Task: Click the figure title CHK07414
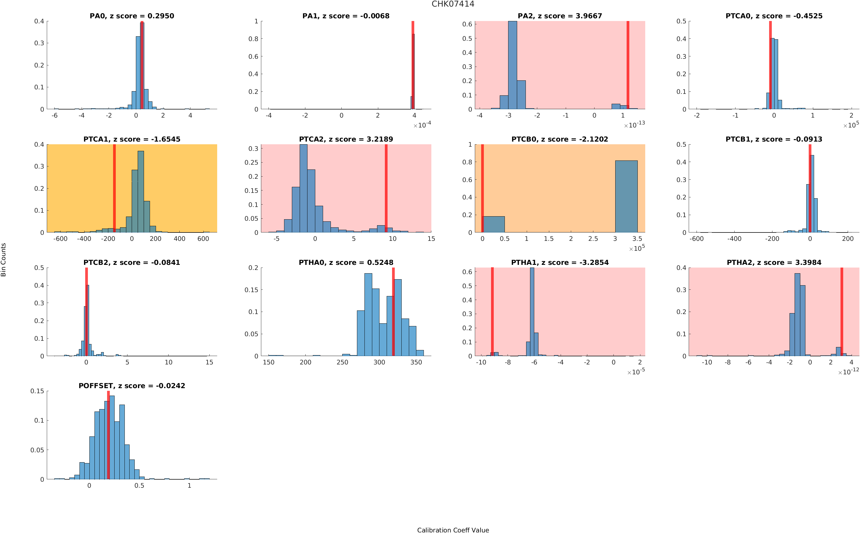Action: (453, 4)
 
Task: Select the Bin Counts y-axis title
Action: (4, 259)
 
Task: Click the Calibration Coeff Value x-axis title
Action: (453, 530)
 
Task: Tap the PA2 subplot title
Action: (559, 16)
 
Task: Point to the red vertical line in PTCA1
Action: (114, 188)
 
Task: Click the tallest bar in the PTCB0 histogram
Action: (626, 196)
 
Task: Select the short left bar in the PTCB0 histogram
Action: (493, 224)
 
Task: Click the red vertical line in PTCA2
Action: (386, 188)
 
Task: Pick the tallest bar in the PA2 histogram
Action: (512, 65)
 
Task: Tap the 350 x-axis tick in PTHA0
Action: (416, 362)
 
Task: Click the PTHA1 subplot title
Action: (559, 263)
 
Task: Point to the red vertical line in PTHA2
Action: (841, 312)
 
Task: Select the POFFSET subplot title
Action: (131, 386)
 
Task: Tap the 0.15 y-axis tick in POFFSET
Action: (37, 391)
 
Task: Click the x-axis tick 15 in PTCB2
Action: (209, 362)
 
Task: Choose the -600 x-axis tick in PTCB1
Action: (697, 239)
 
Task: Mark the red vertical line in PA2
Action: (628, 65)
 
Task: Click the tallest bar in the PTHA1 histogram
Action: (532, 312)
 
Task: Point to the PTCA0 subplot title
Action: (774, 16)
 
